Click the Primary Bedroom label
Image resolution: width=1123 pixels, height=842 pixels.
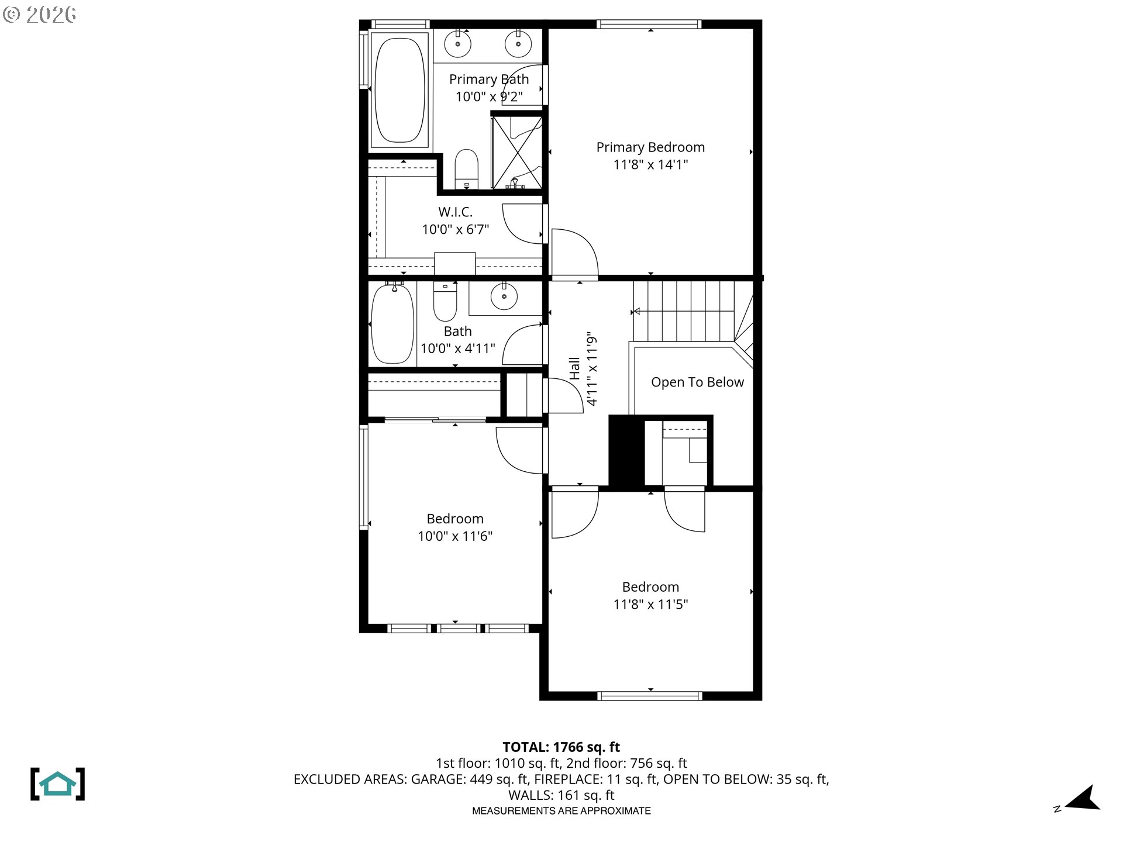click(x=650, y=147)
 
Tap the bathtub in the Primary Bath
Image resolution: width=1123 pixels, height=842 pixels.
click(x=399, y=90)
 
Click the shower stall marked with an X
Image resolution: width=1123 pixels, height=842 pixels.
click(x=516, y=152)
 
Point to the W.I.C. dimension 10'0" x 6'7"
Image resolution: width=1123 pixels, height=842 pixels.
click(x=455, y=229)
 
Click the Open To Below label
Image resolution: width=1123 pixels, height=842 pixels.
click(x=697, y=382)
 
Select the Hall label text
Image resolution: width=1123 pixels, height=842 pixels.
click(x=574, y=369)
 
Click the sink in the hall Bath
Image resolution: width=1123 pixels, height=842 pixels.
click(x=504, y=296)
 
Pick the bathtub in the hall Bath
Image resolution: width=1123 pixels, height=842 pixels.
click(x=392, y=325)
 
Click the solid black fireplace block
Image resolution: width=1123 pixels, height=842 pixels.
click(x=626, y=450)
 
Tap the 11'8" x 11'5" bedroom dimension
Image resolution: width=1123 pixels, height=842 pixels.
click(x=650, y=605)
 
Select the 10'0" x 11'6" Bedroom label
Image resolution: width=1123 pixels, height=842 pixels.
click(x=455, y=519)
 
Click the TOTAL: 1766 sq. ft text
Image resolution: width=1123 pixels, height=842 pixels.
click(x=561, y=747)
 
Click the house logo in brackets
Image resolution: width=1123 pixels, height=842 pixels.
click(x=57, y=784)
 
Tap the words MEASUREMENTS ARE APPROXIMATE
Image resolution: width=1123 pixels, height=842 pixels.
click(x=561, y=811)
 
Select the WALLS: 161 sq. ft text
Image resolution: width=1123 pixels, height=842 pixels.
click(x=561, y=795)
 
